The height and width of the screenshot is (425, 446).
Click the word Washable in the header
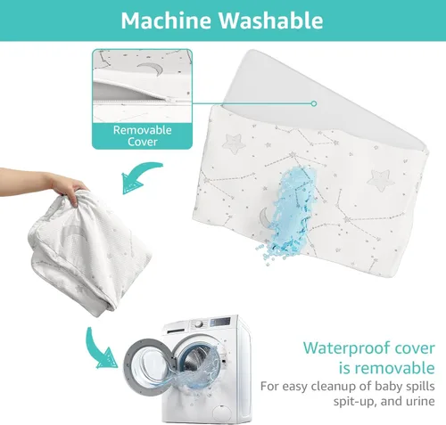coord(271,20)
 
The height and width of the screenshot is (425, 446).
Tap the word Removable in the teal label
coord(143,130)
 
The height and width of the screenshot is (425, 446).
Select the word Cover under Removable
coord(143,142)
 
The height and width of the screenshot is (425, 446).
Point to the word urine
coord(421,402)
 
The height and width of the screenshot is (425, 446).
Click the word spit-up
coord(351,402)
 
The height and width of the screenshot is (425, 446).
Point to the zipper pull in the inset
coord(169,101)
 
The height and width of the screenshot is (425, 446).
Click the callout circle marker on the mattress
coord(314,103)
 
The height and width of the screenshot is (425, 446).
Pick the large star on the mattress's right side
coord(379,180)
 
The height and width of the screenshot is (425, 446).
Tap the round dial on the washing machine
coord(199,324)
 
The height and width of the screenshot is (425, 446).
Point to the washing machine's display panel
coord(220,322)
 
